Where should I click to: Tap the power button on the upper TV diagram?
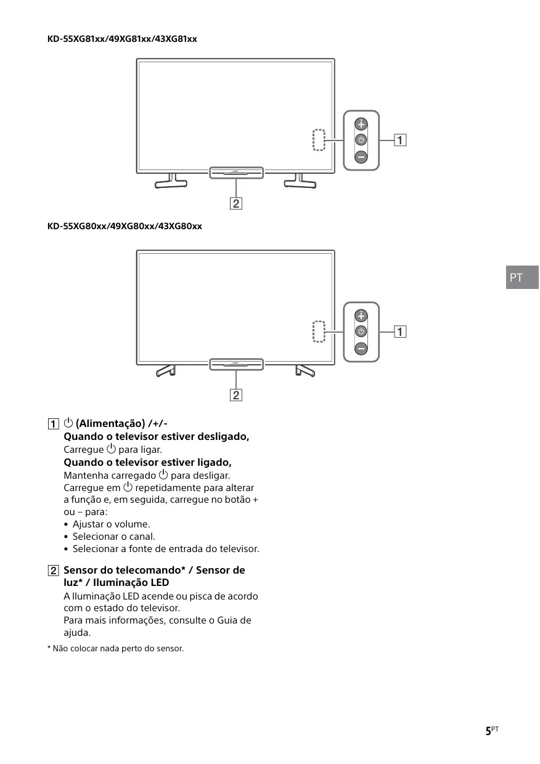tap(361, 140)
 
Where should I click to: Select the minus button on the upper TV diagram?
tap(361, 157)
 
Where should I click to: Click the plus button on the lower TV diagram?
tap(361, 316)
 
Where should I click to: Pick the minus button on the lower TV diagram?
tap(361, 349)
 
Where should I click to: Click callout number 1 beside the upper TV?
tap(401, 140)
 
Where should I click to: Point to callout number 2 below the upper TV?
tap(236, 203)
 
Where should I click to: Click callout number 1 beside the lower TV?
tap(401, 332)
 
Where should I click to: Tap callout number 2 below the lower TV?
tap(236, 395)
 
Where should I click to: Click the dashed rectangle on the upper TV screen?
tap(318, 140)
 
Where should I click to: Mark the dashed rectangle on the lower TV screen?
tap(318, 331)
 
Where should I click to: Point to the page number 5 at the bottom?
tap(488, 731)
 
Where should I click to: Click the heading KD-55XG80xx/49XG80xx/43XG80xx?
tap(125, 226)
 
